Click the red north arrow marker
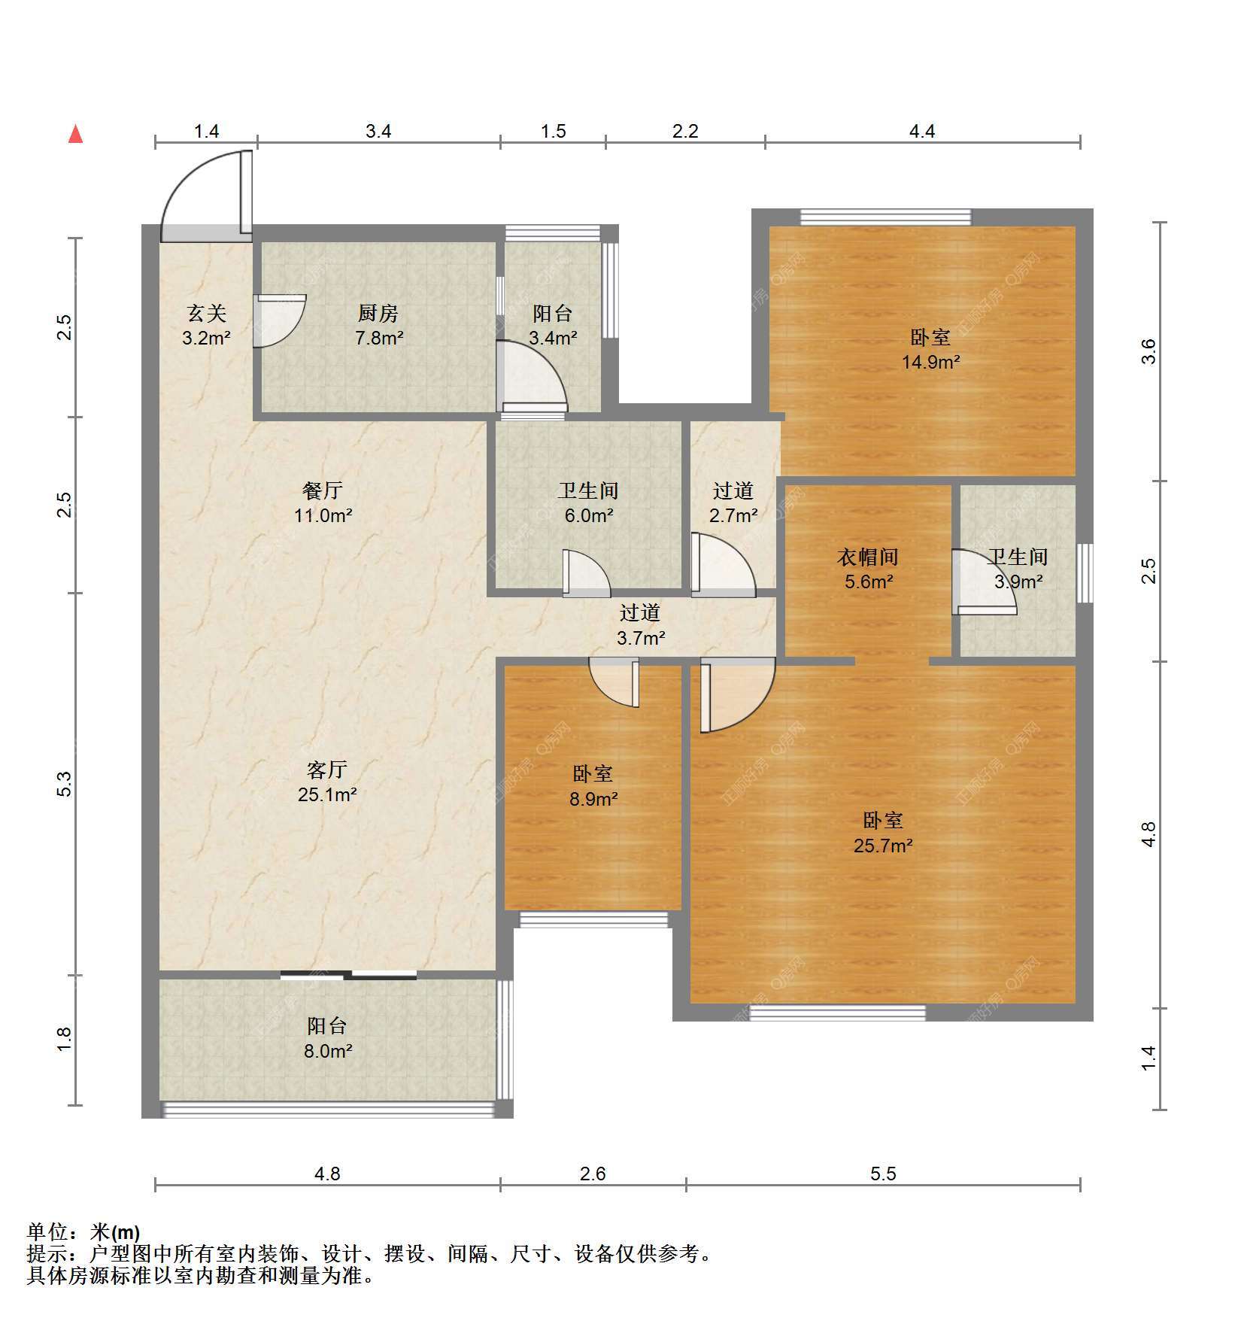pyautogui.click(x=75, y=134)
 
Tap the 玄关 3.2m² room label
pyautogui.click(x=206, y=325)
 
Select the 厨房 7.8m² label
pyautogui.click(x=378, y=325)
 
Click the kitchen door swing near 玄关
pyautogui.click(x=280, y=321)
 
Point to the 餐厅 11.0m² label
pyautogui.click(x=323, y=503)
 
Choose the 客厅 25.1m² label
pyautogui.click(x=327, y=782)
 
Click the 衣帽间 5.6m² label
pyautogui.click(x=868, y=569)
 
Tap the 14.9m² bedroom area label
pyautogui.click(x=931, y=362)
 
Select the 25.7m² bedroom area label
pyautogui.click(x=883, y=845)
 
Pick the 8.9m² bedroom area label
pyautogui.click(x=593, y=798)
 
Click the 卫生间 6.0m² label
pyautogui.click(x=588, y=503)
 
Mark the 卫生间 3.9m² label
pyautogui.click(x=1018, y=569)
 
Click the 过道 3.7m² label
pyautogui.click(x=640, y=625)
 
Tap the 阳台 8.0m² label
pyautogui.click(x=327, y=1038)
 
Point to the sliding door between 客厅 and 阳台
pyautogui.click(x=348, y=976)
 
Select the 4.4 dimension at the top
pyautogui.click(x=922, y=132)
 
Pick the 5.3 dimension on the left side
pyautogui.click(x=65, y=785)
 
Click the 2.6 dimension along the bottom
pyautogui.click(x=593, y=1174)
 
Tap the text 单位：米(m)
pyautogui.click(x=83, y=1232)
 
